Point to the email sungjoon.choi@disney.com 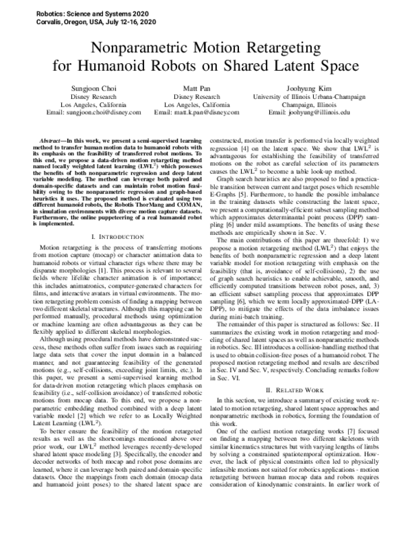pyautogui.click(x=93, y=111)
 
